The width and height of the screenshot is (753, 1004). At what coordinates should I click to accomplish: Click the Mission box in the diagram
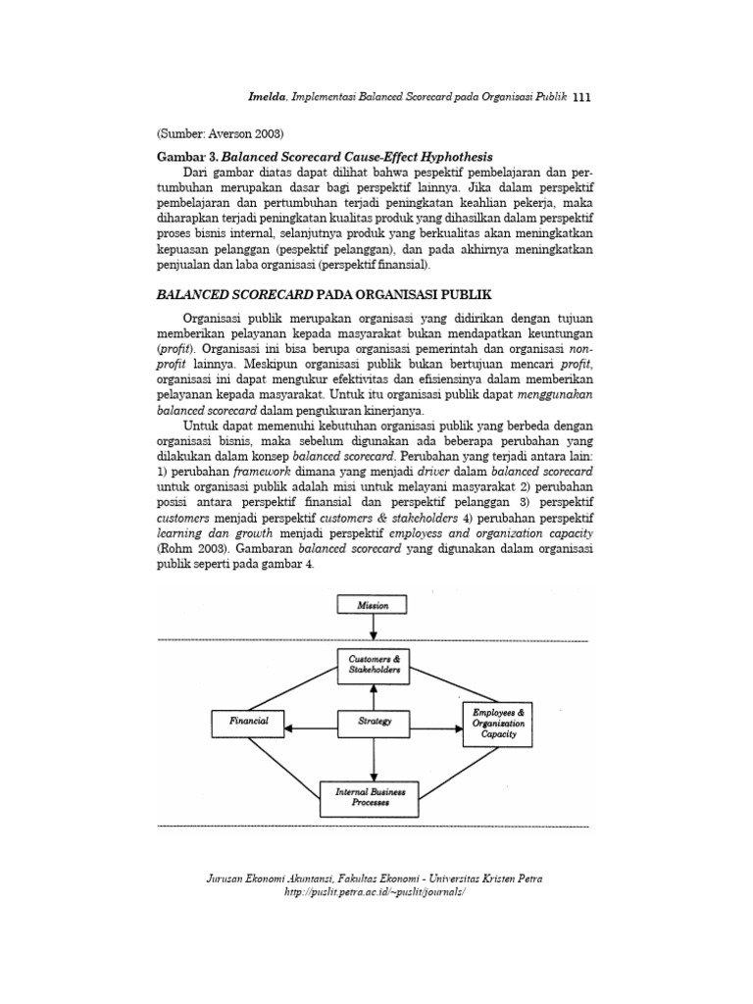373,605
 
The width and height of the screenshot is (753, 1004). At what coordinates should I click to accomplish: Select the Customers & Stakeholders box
373,666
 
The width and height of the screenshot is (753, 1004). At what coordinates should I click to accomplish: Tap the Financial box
249,721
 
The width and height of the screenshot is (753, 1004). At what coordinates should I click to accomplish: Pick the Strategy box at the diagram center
373,722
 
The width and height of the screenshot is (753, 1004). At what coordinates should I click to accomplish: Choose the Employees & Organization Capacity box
499,723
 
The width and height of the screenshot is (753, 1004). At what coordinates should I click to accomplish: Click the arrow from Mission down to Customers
373,632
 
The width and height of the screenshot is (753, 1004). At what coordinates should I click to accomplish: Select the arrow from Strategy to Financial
311,727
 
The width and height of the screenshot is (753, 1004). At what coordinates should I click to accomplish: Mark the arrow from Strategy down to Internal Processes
373,758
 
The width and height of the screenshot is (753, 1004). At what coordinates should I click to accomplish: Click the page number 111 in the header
582,98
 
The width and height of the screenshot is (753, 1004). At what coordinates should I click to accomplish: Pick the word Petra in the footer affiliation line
527,879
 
